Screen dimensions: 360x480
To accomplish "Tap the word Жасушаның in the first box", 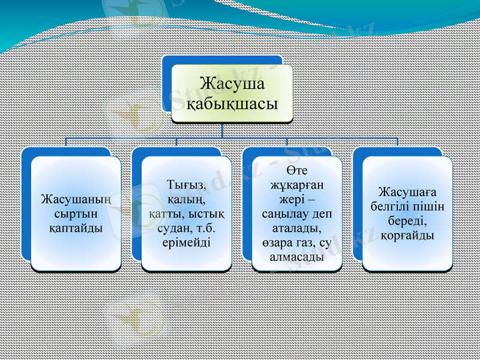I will click(x=76, y=199).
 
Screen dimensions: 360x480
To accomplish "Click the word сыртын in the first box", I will click(x=76, y=213).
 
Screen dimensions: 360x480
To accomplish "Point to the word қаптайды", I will click(x=76, y=227).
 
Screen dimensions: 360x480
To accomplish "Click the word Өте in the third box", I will click(x=296, y=170).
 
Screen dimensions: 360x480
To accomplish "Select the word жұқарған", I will click(x=296, y=185).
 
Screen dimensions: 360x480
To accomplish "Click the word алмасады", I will click(x=296, y=257).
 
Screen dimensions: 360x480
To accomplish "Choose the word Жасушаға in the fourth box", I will click(x=407, y=192).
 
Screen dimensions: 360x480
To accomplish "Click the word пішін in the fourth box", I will click(x=431, y=206).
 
